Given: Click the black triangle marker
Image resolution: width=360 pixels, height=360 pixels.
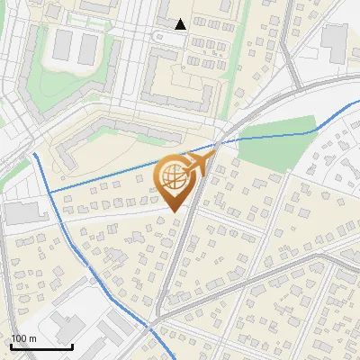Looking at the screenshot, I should [x=181, y=24].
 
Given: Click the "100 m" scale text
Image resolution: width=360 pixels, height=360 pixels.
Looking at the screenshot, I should [x=23, y=338].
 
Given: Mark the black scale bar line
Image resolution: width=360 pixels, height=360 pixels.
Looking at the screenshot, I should [x=40, y=346].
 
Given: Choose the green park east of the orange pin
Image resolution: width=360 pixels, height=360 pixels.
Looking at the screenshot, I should [x=280, y=144].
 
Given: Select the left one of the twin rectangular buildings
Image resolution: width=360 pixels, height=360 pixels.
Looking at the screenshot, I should [x=62, y=46].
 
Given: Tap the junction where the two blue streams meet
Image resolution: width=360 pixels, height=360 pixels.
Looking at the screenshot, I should [x=48, y=192].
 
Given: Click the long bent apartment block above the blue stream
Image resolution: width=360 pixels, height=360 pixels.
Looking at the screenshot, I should [x=135, y=126].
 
